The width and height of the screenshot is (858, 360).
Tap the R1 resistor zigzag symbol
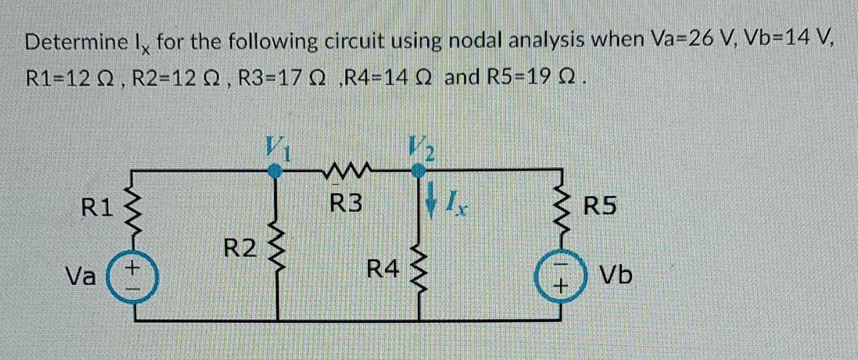pos(133,208)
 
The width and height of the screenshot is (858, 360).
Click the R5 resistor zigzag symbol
pos(562,208)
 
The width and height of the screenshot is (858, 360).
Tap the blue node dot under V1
pos(276,172)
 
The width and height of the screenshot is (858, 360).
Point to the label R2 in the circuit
pos(240,250)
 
